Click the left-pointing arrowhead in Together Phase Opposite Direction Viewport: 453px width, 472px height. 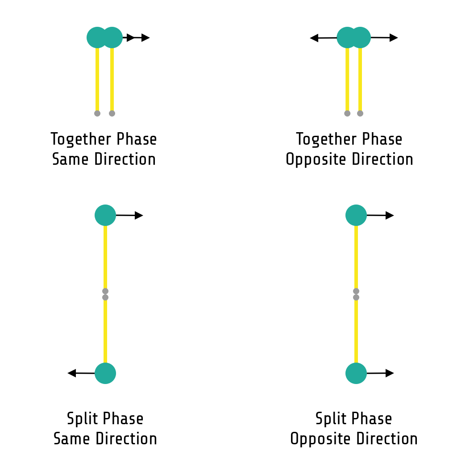[314, 38]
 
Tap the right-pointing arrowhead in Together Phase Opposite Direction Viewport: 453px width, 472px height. [393, 38]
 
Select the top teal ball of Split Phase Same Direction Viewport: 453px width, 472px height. [105, 215]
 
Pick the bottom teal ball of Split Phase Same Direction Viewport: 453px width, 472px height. [105, 373]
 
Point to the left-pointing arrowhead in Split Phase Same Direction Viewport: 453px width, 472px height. [72, 373]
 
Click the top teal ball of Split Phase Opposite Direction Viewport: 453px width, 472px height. [356, 215]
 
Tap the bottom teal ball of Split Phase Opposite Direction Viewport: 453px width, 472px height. [356, 373]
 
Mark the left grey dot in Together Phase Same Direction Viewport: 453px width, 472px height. [97, 113]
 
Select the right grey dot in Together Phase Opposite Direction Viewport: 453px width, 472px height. [360, 113]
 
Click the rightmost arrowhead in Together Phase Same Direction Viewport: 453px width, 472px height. [145, 38]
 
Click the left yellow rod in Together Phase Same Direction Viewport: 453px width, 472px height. [97, 78]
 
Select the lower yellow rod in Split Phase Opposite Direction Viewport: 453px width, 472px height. [356, 330]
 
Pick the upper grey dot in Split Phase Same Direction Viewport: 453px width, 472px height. [105, 291]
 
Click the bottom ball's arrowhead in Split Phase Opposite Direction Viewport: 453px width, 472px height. [390, 373]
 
